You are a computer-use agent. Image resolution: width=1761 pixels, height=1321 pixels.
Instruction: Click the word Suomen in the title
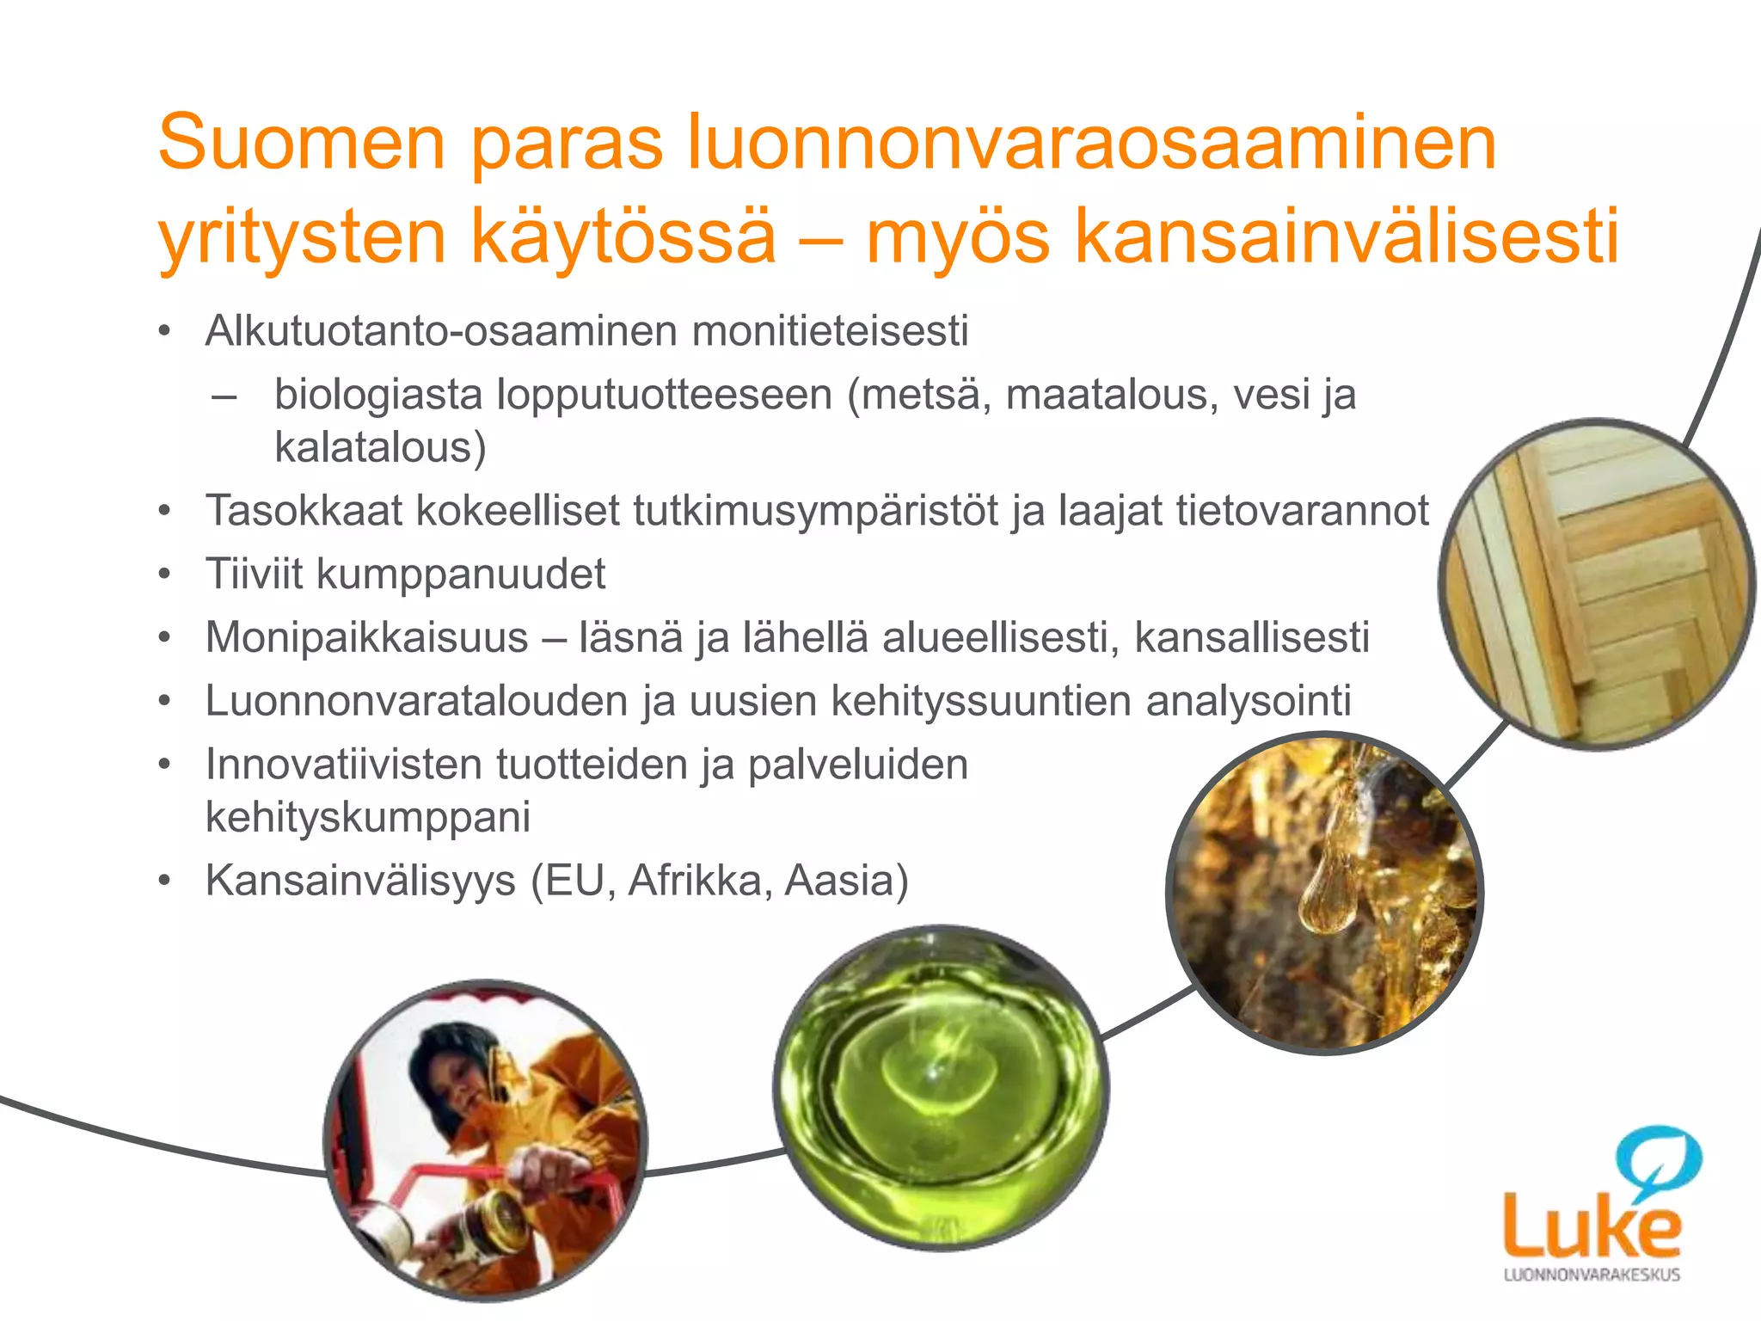[x=301, y=143]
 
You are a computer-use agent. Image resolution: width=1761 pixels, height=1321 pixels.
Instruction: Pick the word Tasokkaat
[x=304, y=511]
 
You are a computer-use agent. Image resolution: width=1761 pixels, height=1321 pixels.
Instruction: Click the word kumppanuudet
[x=461, y=574]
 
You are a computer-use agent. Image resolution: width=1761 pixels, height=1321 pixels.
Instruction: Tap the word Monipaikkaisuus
[x=366, y=638]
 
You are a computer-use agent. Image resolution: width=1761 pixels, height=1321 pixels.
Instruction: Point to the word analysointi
[x=1248, y=701]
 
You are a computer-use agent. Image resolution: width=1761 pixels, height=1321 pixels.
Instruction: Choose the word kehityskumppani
[x=367, y=817]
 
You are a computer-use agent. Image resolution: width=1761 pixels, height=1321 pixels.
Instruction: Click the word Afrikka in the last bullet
[x=693, y=881]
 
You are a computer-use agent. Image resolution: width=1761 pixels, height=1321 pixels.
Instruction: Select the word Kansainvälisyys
[x=359, y=881]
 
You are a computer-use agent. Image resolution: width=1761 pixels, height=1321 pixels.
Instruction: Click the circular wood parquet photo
[x=1596, y=585]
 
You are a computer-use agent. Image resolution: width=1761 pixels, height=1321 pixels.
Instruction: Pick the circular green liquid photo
[x=941, y=1088]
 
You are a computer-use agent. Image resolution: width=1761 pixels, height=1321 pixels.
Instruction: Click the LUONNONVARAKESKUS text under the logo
[x=1591, y=1275]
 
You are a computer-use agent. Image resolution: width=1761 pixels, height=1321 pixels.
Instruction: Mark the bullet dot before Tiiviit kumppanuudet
[x=165, y=574]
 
